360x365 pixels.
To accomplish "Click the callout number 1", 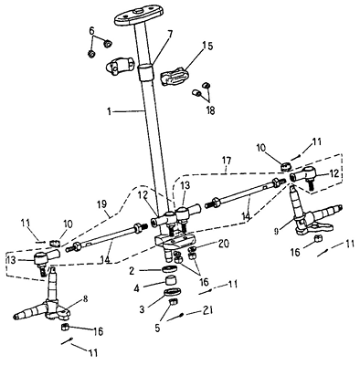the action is pyautogui.click(x=109, y=112).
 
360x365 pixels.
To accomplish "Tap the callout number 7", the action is pyautogui.click(x=170, y=34).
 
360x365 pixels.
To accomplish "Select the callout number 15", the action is pyautogui.click(x=208, y=47).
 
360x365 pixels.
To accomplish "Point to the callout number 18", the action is pyautogui.click(x=210, y=110).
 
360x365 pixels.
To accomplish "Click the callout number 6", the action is pyautogui.click(x=91, y=31).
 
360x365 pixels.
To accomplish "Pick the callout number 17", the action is pyautogui.click(x=227, y=161).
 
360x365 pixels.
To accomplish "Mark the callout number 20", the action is pyautogui.click(x=224, y=244).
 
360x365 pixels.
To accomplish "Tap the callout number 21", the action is pyautogui.click(x=207, y=310).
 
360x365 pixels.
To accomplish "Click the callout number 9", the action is pyautogui.click(x=277, y=232).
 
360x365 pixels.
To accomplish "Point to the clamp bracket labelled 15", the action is pyautogui.click(x=175, y=78).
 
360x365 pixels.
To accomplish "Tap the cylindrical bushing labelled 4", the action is pyautogui.click(x=171, y=279).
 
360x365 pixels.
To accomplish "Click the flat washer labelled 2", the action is pyautogui.click(x=169, y=269).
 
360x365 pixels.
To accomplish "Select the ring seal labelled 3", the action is pyautogui.click(x=173, y=291).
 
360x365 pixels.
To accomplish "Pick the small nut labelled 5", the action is pyautogui.click(x=173, y=302).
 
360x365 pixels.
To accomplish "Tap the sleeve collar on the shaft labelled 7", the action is pyautogui.click(x=145, y=72).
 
